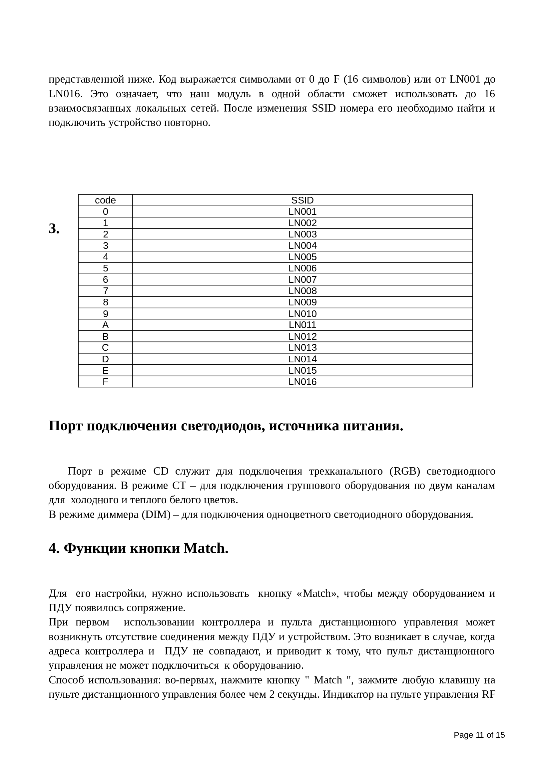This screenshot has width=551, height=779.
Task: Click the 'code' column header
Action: pyautogui.click(x=105, y=200)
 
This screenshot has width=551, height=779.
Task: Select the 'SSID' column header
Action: pyautogui.click(x=302, y=200)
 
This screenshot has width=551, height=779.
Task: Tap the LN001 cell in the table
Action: pyautogui.click(x=302, y=212)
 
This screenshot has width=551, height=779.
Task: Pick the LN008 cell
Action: pyautogui.click(x=302, y=291)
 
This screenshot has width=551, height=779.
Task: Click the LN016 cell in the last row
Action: pyautogui.click(x=302, y=382)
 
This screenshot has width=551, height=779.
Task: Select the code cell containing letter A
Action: pyautogui.click(x=105, y=325)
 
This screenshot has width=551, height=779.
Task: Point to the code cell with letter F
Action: pyautogui.click(x=105, y=382)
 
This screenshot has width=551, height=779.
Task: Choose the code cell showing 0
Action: pyautogui.click(x=105, y=212)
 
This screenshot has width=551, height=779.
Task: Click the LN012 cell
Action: pyautogui.click(x=302, y=337)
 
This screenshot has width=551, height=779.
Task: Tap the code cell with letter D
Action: pyautogui.click(x=105, y=359)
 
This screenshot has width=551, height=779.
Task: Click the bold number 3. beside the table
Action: pyautogui.click(x=54, y=229)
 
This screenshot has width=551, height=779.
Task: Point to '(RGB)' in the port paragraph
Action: pyautogui.click(x=405, y=471)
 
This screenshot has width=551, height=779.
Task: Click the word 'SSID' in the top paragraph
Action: pyautogui.click(x=323, y=109)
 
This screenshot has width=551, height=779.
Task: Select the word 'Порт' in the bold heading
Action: pyautogui.click(x=66, y=426)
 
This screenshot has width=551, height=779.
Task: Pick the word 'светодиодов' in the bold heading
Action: pyautogui.click(x=222, y=426)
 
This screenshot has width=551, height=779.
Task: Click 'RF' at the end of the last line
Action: pyautogui.click(x=488, y=694)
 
